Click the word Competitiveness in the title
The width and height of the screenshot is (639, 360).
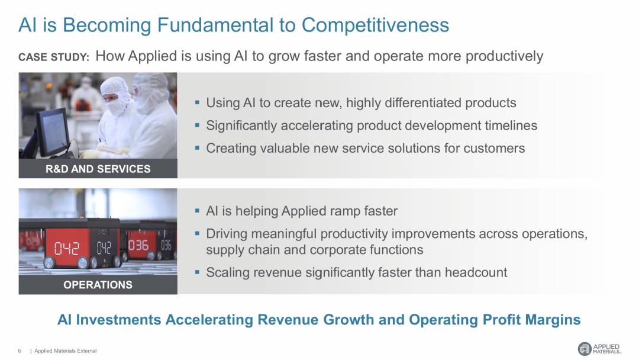point(375,25)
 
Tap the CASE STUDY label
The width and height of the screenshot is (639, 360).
point(54,57)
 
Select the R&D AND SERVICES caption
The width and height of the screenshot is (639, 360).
point(98,169)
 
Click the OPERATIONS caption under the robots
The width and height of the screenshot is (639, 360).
point(98,285)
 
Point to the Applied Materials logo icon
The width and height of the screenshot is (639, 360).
point(585,349)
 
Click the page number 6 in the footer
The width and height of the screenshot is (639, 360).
point(20,351)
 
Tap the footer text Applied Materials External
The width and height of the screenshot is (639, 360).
point(66,351)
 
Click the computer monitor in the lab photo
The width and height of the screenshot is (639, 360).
point(51,133)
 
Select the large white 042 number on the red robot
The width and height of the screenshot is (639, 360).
point(67,247)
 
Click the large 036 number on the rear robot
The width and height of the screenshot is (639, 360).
point(138,245)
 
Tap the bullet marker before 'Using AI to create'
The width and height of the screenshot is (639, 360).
point(197,103)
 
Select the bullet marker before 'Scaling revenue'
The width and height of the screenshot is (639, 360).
point(197,272)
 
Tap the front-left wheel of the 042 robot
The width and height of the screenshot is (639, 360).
point(49,262)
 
